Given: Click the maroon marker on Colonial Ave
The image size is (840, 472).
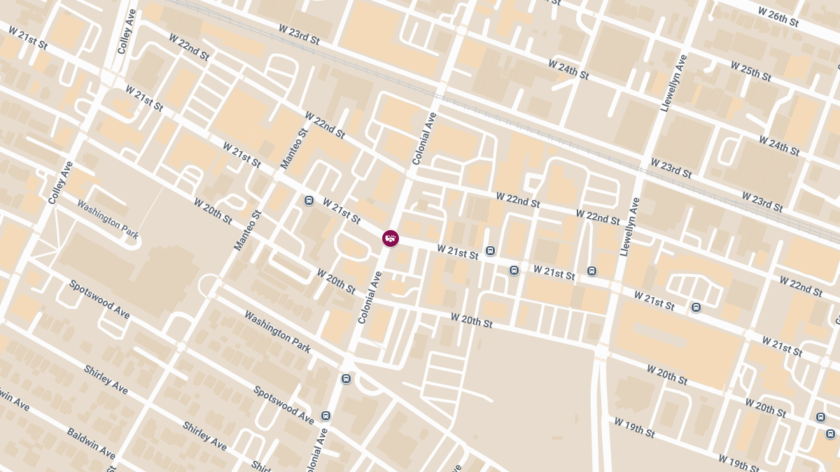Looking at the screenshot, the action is (391, 238).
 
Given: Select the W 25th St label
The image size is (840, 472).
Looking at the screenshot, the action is (750, 71).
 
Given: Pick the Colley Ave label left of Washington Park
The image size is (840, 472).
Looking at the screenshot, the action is (61, 183).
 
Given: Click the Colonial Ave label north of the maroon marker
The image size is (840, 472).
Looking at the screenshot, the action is (425, 138).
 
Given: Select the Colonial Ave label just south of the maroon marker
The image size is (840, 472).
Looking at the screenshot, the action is (370, 297).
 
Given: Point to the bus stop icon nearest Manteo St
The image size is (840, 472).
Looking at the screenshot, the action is (309, 201).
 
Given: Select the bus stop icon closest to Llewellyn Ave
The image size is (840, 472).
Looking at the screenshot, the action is (592, 271).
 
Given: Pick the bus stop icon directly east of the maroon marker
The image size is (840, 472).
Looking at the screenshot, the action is (490, 251).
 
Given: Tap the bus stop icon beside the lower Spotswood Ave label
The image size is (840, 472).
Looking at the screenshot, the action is (325, 415).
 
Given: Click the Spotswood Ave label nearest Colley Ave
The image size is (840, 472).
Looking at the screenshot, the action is (99, 299).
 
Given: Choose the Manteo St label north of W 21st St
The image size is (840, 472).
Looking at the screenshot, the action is (295, 149).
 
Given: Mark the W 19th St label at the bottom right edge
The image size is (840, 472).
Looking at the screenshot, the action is (738, 463).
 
